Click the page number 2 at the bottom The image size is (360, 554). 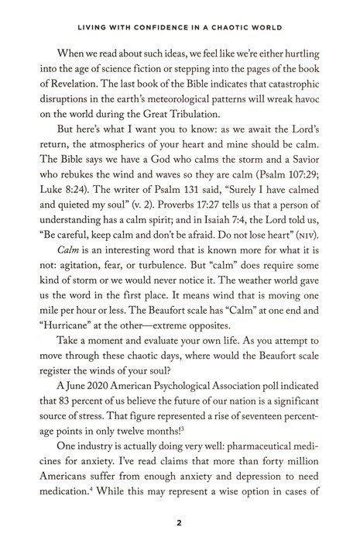coord(179,522)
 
